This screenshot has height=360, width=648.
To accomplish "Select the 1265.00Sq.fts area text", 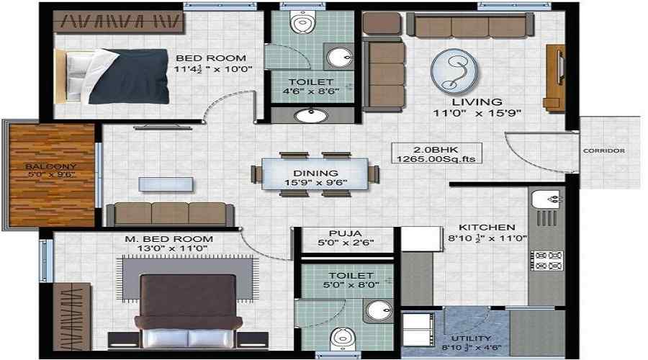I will [x=433, y=158].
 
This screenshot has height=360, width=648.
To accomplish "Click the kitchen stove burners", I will [x=546, y=260].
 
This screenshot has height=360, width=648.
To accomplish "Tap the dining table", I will [x=315, y=174].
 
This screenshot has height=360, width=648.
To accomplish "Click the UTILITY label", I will [x=472, y=338].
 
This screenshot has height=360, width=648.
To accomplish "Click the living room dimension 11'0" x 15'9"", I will [x=477, y=113].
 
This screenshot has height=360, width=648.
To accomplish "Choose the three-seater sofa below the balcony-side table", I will [x=170, y=215].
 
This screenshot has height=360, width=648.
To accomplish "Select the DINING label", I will [x=315, y=173].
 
